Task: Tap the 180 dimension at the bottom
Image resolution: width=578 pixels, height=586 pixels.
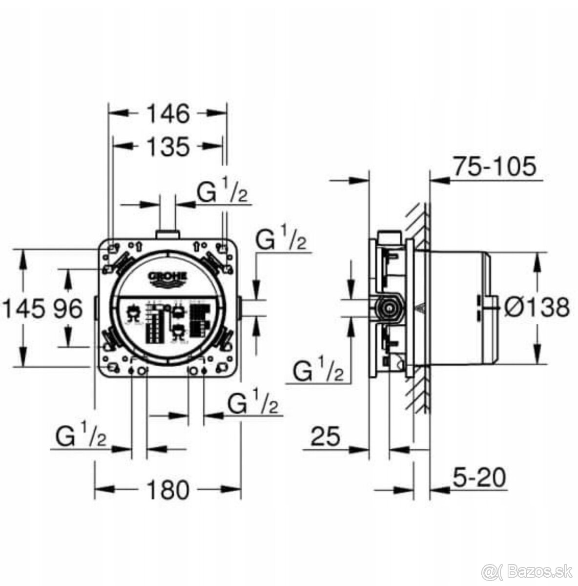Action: click(167, 489)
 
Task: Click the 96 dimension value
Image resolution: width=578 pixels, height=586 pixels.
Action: click(66, 309)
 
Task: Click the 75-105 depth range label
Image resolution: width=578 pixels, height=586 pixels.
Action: click(494, 167)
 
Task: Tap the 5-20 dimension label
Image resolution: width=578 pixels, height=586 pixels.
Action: click(478, 477)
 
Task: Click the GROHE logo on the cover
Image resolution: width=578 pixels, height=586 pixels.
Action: click(168, 277)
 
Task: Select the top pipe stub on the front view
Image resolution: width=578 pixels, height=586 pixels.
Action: click(168, 234)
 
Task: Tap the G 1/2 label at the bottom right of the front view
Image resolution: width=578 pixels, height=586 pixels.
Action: click(253, 403)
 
